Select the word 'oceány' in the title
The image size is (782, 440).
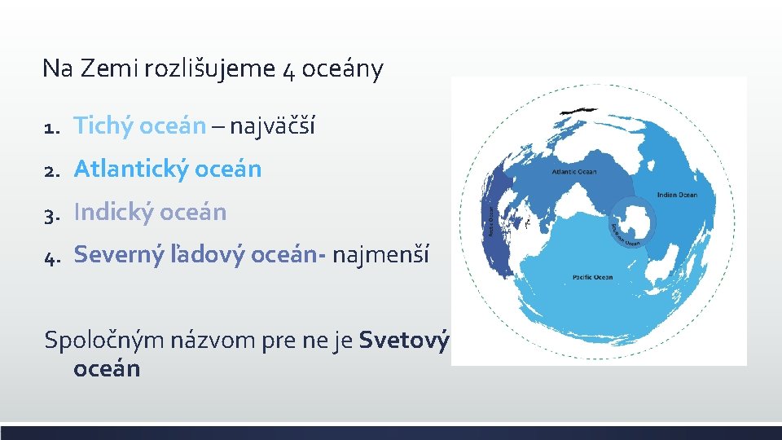pos(342,68)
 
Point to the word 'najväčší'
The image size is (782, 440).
pos(272,126)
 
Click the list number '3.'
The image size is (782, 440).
pos(54,213)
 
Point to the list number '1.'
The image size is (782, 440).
pos(54,127)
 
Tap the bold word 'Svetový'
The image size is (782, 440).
pos(403,338)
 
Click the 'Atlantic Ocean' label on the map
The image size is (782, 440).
pos(574,172)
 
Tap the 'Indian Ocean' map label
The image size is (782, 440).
pos(677,195)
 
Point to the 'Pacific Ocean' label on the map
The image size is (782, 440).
pos(592,277)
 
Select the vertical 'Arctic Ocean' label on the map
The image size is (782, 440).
pos(491,221)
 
